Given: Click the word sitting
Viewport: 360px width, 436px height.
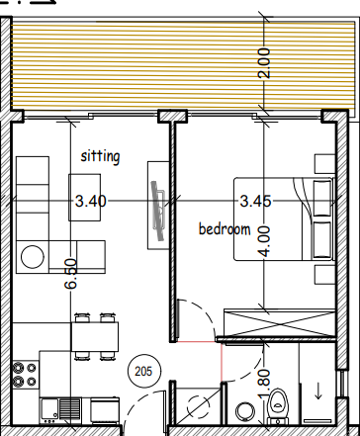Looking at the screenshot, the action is point(100,156).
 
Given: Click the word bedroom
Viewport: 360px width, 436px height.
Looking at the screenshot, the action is point(225,229).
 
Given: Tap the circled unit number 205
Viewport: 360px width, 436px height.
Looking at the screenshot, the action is point(143,372).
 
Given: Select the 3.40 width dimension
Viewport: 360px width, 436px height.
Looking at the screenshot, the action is point(91,201).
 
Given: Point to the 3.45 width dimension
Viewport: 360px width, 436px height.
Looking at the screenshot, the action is point(255,201).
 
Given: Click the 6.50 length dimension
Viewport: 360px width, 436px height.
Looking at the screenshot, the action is point(71,274).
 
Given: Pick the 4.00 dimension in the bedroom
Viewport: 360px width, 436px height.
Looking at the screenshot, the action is point(264,241).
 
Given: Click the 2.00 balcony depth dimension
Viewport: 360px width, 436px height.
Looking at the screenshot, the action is point(264,63).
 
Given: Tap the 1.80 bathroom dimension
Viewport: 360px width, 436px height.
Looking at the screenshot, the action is point(264,383).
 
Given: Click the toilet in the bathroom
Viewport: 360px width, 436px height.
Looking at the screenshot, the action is point(278,406).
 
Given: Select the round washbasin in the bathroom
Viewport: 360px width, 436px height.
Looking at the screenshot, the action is point(246,411).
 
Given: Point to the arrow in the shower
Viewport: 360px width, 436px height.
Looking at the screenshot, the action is point(318,391).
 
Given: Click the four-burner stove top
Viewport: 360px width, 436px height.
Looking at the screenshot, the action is point(25,375).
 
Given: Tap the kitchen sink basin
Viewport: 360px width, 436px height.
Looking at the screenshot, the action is point(49,408).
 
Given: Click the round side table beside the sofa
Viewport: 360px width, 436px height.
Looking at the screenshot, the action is point(33,257).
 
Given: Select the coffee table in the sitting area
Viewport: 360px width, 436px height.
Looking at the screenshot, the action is point(84,198).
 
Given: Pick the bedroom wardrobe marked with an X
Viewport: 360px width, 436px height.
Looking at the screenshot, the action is point(280,323).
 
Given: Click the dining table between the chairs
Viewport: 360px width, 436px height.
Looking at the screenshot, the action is point(95,336).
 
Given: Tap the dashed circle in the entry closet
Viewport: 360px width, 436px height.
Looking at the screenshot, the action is point(199,406).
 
